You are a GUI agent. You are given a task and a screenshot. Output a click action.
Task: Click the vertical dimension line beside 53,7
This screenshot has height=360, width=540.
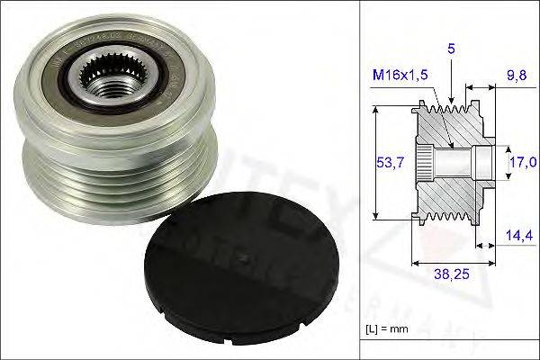(x=373, y=162)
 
